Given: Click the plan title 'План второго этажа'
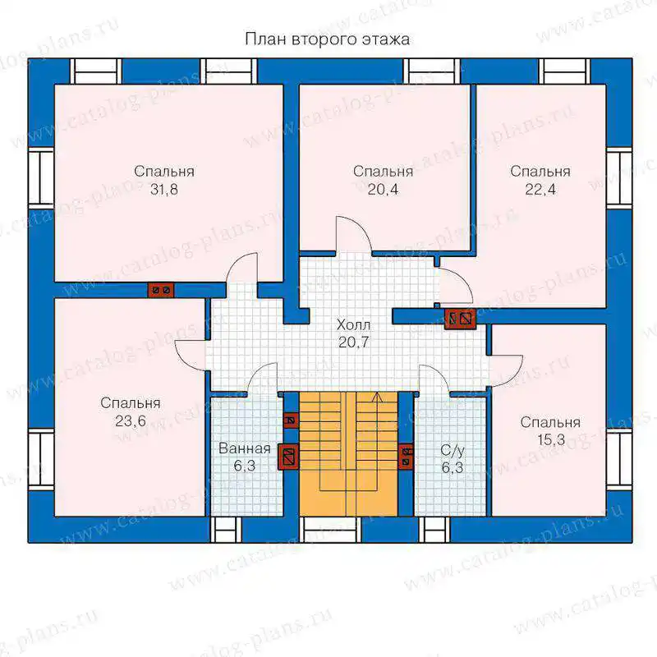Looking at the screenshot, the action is click(x=327, y=39).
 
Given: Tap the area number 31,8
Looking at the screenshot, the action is click(x=163, y=190).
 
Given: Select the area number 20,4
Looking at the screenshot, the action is click(x=383, y=190).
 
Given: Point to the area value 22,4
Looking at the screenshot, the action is click(x=540, y=190).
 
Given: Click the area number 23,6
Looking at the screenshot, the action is click(x=131, y=420).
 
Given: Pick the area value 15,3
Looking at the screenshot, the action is click(x=550, y=439).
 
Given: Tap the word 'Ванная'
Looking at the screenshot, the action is click(x=245, y=448).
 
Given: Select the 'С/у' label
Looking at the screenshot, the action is click(x=453, y=451).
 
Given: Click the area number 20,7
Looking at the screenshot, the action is click(x=354, y=342).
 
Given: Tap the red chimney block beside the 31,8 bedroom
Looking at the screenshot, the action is click(x=161, y=290).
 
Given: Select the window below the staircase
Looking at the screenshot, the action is click(x=331, y=530).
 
